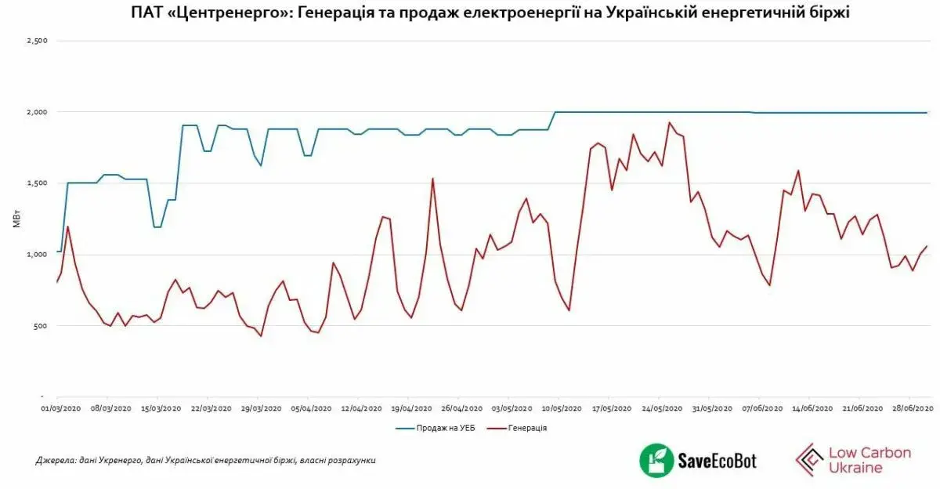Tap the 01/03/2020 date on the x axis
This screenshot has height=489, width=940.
click(60, 408)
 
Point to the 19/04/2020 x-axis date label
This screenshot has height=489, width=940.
click(410, 408)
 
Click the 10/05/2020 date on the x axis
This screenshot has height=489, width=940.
click(561, 408)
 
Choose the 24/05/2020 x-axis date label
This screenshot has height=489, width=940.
click(661, 408)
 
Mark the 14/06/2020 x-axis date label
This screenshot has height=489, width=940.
click(812, 408)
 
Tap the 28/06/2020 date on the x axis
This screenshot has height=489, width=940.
click(911, 408)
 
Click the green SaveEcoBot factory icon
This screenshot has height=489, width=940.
click(655, 460)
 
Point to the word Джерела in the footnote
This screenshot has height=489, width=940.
click(52, 461)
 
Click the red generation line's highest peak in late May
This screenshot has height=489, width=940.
click(669, 122)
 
